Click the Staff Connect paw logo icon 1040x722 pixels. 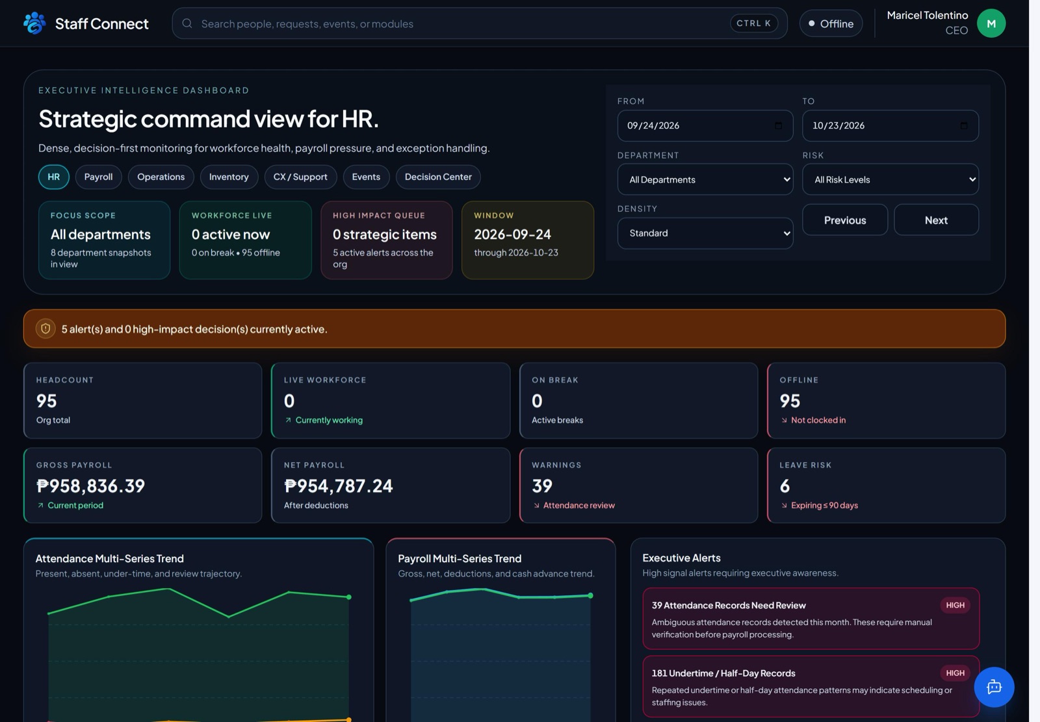pyautogui.click(x=34, y=23)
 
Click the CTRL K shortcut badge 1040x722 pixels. pyautogui.click(x=753, y=23)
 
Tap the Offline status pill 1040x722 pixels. pyautogui.click(x=831, y=23)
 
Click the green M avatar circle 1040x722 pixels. pyautogui.click(x=991, y=23)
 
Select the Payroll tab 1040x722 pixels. pyautogui.click(x=98, y=177)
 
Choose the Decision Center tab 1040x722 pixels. pyautogui.click(x=438, y=177)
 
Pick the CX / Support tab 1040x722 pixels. pyautogui.click(x=300, y=177)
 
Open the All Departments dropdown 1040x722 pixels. pyautogui.click(x=705, y=179)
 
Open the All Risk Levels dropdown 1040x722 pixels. pyautogui.click(x=890, y=179)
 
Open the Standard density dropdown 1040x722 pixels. pyautogui.click(x=705, y=233)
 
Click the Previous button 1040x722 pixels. pyautogui.click(x=845, y=220)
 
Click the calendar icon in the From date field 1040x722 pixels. pyautogui.click(x=778, y=125)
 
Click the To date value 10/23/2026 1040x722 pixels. pyautogui.click(x=838, y=125)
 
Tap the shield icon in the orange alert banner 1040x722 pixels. pyautogui.click(x=45, y=329)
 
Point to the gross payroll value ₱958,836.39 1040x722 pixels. pyautogui.click(x=90, y=485)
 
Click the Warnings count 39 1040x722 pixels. pyautogui.click(x=542, y=485)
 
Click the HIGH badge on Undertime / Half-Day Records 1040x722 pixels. pyautogui.click(x=955, y=673)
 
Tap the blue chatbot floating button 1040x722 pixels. pyautogui.click(x=994, y=687)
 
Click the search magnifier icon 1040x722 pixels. pyautogui.click(x=187, y=23)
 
